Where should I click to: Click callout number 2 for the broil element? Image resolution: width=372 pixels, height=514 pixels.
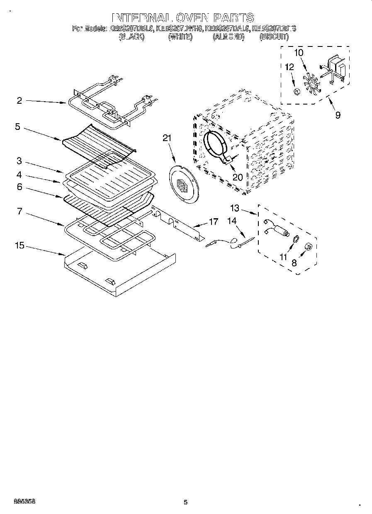19,100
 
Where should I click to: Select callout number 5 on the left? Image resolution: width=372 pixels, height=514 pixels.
17,127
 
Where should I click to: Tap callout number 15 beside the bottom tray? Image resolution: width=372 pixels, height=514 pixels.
19,246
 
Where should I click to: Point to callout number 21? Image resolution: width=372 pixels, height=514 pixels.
167,139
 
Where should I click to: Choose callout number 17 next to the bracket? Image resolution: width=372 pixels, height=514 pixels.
213,222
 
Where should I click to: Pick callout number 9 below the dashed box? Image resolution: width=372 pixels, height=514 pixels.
338,115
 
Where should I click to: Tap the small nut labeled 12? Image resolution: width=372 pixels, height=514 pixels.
296,91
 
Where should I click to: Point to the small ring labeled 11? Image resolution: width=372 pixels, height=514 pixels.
296,239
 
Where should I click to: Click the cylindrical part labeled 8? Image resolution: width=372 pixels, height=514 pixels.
308,247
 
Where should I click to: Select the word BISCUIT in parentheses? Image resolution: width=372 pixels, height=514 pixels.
274,37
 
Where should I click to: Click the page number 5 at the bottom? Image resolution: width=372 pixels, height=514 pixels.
186,502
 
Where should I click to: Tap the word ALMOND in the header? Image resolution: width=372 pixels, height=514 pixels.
229,37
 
